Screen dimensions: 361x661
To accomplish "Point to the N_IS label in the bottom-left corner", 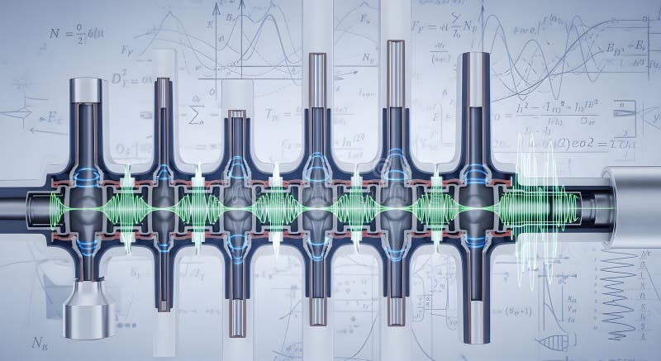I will (39, 340).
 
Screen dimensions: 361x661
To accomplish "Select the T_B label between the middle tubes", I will (273, 113).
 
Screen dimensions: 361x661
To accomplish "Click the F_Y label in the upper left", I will (128, 50).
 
